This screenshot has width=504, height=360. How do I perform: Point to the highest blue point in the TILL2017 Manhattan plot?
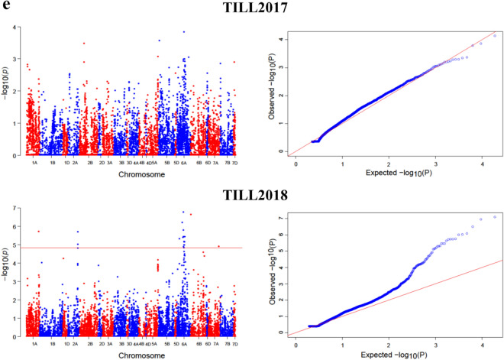(x=184, y=32)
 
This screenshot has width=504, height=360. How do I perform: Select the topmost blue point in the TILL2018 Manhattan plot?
(x=183, y=212)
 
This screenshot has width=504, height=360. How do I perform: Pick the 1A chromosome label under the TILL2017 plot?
(x=34, y=163)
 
